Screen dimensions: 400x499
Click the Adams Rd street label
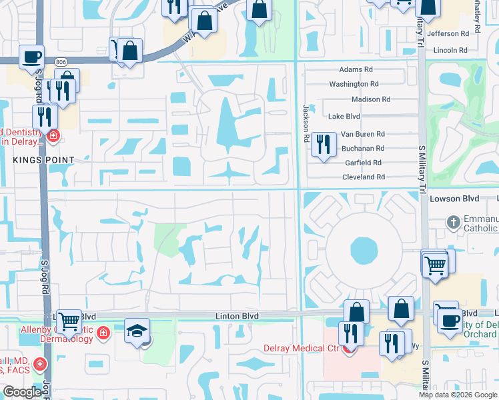point(356,69)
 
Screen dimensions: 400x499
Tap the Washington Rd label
point(354,84)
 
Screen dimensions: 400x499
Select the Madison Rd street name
point(370,99)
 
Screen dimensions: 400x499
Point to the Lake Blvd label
point(344,116)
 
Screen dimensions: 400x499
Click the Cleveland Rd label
point(363,177)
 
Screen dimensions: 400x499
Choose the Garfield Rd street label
point(363,163)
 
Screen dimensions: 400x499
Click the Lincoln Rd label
point(450,50)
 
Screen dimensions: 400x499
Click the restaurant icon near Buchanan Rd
point(324,143)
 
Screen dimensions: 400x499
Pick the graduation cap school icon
point(137,331)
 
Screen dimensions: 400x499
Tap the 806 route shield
point(61,61)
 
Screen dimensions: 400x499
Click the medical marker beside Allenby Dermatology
point(103,332)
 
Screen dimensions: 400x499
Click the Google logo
point(22,393)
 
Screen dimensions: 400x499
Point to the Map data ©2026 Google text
point(458,395)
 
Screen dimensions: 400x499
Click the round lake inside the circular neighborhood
point(364,251)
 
